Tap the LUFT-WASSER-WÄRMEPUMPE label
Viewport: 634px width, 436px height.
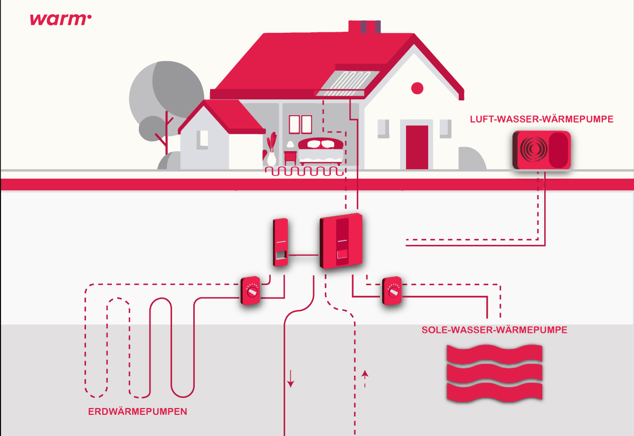pos(542,119)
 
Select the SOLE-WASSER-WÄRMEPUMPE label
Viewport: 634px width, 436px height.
pos(495,330)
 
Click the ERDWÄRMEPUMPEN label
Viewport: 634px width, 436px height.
pos(137,411)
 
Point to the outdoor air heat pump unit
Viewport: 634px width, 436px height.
pos(542,150)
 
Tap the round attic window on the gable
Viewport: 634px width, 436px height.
pos(418,88)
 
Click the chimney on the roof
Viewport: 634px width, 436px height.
pos(364,27)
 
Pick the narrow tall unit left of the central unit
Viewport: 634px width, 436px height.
pos(281,243)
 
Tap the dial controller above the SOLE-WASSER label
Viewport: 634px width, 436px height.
pos(392,290)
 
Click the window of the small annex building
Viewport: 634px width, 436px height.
pos(202,138)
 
